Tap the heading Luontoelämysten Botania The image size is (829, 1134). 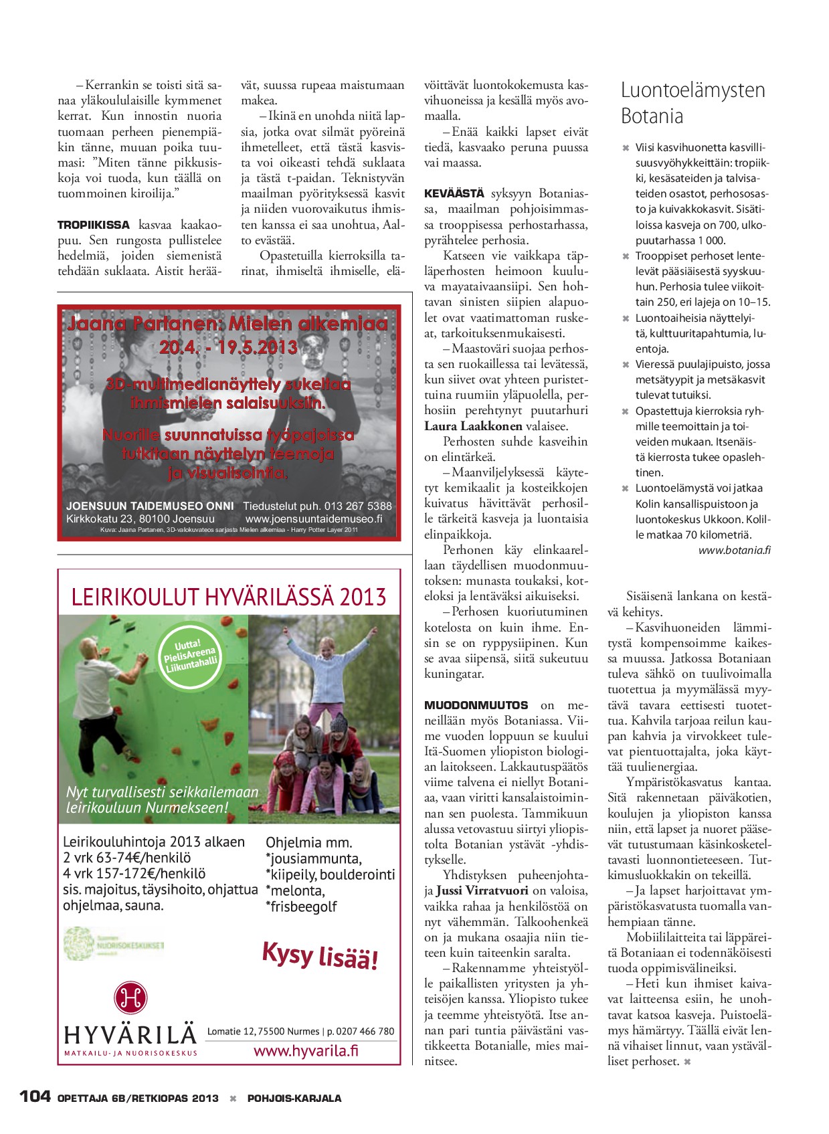tap(693, 102)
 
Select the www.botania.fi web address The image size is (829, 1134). tap(734, 550)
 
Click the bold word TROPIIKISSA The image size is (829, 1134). tap(94, 225)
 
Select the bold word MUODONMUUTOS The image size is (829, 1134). tap(476, 705)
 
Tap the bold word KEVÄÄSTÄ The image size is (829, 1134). tap(454, 194)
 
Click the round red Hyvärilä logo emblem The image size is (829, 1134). tap(130, 999)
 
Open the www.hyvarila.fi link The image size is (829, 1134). tap(306, 1050)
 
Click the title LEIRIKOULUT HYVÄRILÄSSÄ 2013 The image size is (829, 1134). tap(229, 597)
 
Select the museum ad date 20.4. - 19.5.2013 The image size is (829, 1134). tap(228, 347)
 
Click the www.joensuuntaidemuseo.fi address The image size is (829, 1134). tap(314, 518)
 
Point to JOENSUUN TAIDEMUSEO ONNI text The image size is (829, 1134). tap(150, 506)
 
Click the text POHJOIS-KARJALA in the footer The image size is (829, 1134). tap(294, 1098)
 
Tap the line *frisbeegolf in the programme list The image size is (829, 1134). tap(301, 907)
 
